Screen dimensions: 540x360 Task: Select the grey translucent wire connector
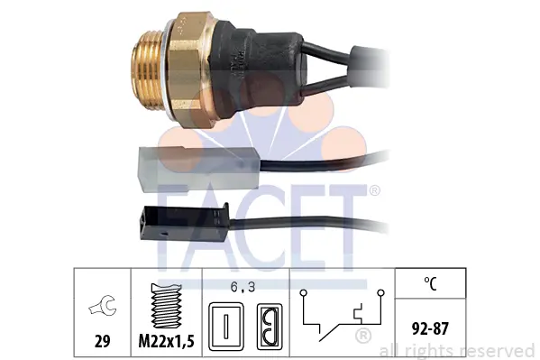pyautogui.click(x=198, y=168)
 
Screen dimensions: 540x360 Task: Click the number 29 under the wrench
pyautogui.click(x=102, y=341)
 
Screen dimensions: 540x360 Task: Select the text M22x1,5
pyautogui.click(x=167, y=341)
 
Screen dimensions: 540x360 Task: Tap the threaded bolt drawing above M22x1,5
pyautogui.click(x=167, y=306)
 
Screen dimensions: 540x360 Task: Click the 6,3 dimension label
pyautogui.click(x=243, y=287)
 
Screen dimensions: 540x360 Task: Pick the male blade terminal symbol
pyautogui.click(x=226, y=327)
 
